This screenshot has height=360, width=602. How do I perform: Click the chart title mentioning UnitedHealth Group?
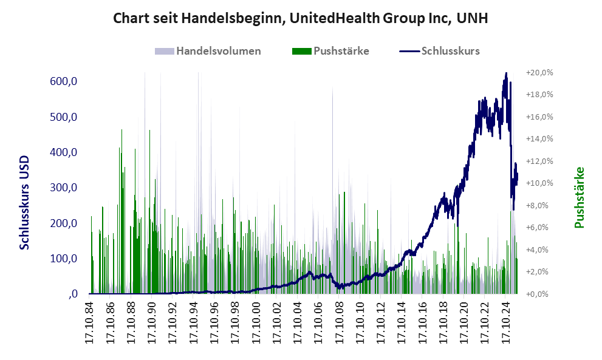point(301,19)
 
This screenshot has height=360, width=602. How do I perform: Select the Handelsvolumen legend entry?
point(217,51)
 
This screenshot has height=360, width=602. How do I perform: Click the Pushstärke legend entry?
point(341,51)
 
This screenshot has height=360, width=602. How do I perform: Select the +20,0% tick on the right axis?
point(539,72)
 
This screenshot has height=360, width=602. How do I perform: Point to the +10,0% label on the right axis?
point(539,183)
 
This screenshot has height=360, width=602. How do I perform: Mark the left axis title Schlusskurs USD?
point(25,200)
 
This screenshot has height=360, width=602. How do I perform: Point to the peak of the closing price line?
point(506,74)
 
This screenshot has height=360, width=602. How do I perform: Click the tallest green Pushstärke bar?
point(121,131)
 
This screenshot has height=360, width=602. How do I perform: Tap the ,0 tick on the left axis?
point(73,294)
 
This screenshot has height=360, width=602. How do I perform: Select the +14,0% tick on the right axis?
point(539,139)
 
